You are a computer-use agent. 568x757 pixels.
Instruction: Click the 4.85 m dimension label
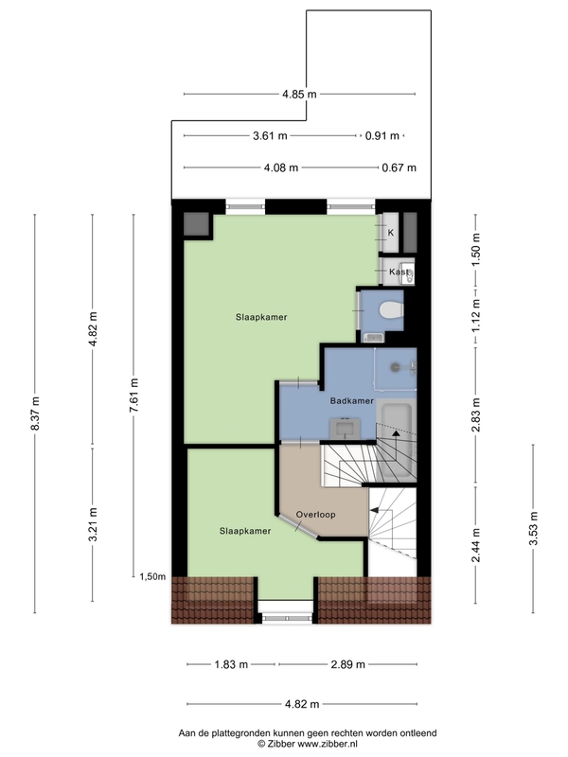click(299, 94)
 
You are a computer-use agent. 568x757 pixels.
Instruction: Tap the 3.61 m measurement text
click(270, 135)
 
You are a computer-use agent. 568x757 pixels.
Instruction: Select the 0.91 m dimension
click(382, 135)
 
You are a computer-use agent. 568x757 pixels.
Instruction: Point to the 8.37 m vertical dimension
click(35, 414)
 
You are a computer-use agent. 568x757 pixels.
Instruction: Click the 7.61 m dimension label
click(133, 395)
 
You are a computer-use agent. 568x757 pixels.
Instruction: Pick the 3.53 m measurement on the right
click(533, 528)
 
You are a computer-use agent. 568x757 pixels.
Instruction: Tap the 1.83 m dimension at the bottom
click(231, 665)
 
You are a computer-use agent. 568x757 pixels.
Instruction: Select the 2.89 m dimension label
click(347, 665)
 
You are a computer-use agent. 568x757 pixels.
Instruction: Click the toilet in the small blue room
click(391, 310)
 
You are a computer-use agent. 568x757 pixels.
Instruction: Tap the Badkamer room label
click(351, 400)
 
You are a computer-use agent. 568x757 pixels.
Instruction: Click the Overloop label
click(315, 515)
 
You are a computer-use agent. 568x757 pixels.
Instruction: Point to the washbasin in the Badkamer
click(346, 429)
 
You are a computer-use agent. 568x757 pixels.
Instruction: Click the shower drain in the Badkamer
click(396, 367)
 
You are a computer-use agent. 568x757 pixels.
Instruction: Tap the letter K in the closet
click(391, 233)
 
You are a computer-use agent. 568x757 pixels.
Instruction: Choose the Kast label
click(399, 272)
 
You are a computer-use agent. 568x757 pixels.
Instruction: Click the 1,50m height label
click(152, 576)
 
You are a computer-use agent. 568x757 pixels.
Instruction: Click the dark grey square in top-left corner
click(196, 224)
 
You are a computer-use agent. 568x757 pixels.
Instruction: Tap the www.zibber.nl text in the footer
click(327, 744)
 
